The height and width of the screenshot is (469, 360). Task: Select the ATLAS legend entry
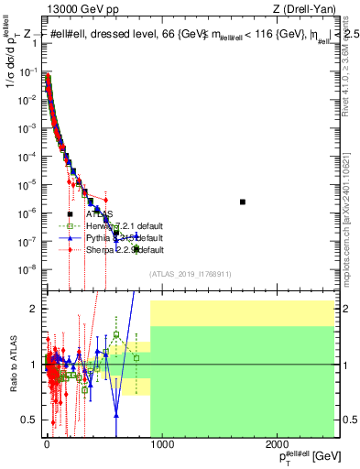click(x=102, y=214)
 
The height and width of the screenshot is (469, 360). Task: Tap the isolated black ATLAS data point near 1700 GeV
click(x=243, y=202)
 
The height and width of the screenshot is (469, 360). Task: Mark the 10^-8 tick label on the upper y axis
click(x=27, y=269)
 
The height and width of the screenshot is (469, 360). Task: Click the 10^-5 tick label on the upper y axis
click(x=27, y=184)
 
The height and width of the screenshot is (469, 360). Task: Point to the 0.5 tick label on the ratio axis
click(x=29, y=420)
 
